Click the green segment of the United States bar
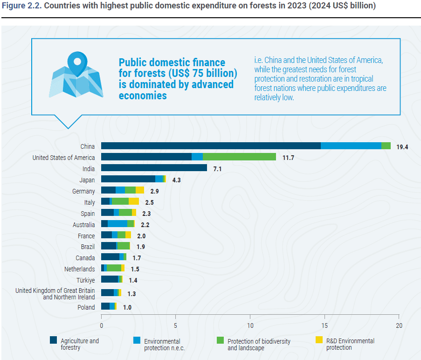click(x=239, y=157)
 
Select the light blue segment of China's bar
click(x=351, y=146)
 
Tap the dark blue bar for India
click(x=154, y=168)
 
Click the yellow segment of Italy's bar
click(x=133, y=201)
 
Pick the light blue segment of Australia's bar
click(x=117, y=224)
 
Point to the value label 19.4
click(x=402, y=146)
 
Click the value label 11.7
click(x=288, y=158)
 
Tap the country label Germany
click(x=83, y=191)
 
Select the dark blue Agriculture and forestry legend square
click(x=54, y=340)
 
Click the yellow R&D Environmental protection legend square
click(x=319, y=340)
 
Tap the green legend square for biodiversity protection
click(x=221, y=340)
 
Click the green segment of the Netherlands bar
click(x=114, y=269)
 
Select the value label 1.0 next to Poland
click(x=127, y=307)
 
